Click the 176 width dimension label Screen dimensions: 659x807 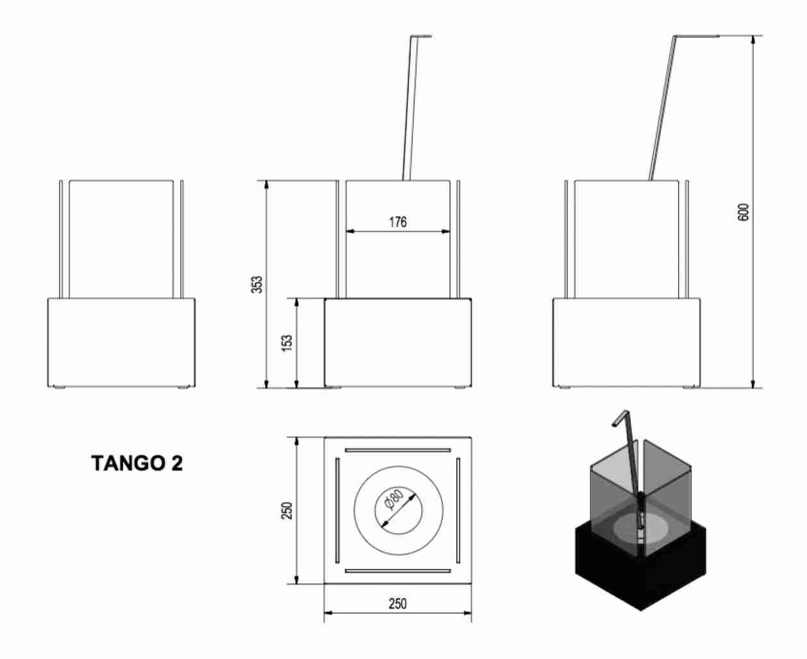click(x=398, y=222)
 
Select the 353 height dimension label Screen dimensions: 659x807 click(x=257, y=284)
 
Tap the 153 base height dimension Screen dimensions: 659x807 click(x=288, y=343)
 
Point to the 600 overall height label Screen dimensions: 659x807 click(x=744, y=212)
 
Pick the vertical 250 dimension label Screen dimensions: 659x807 click(x=288, y=510)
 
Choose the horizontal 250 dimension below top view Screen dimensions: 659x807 click(x=397, y=603)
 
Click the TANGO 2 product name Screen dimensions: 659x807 click(x=137, y=464)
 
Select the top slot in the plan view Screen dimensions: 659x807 click(x=397, y=449)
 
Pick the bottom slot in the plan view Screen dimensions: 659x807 click(x=397, y=571)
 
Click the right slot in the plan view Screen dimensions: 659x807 click(x=459, y=510)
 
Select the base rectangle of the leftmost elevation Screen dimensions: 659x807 click(x=121, y=343)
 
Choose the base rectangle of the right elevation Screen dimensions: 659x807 click(x=626, y=343)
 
